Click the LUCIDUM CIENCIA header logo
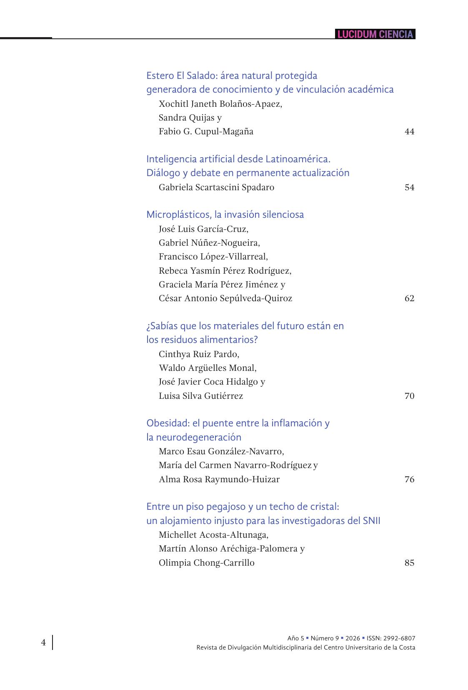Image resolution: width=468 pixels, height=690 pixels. pos(375,34)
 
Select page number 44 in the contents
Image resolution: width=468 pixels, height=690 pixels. pos(409,132)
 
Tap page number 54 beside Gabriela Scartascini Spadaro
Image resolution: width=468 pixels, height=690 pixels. pos(409,187)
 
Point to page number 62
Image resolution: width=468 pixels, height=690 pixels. pos(409,298)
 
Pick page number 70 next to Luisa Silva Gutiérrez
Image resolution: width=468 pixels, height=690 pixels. pos(409,396)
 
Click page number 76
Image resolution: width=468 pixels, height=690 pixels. pos(409,479)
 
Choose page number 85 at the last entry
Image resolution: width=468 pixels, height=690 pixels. pos(409,563)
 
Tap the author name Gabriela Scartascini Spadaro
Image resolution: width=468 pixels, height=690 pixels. pos(216,187)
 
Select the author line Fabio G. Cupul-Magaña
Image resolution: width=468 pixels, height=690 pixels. pos(206,132)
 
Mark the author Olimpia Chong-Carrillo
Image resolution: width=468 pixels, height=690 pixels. pos(206,563)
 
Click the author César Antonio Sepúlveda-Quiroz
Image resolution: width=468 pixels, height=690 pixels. pos(225,298)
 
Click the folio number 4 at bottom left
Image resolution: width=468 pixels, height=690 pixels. pos(43,642)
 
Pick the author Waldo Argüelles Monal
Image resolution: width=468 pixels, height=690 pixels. pos(208,368)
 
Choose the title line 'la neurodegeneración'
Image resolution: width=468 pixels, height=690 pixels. pos(194,437)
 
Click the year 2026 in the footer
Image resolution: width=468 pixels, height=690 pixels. pos(353,638)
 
